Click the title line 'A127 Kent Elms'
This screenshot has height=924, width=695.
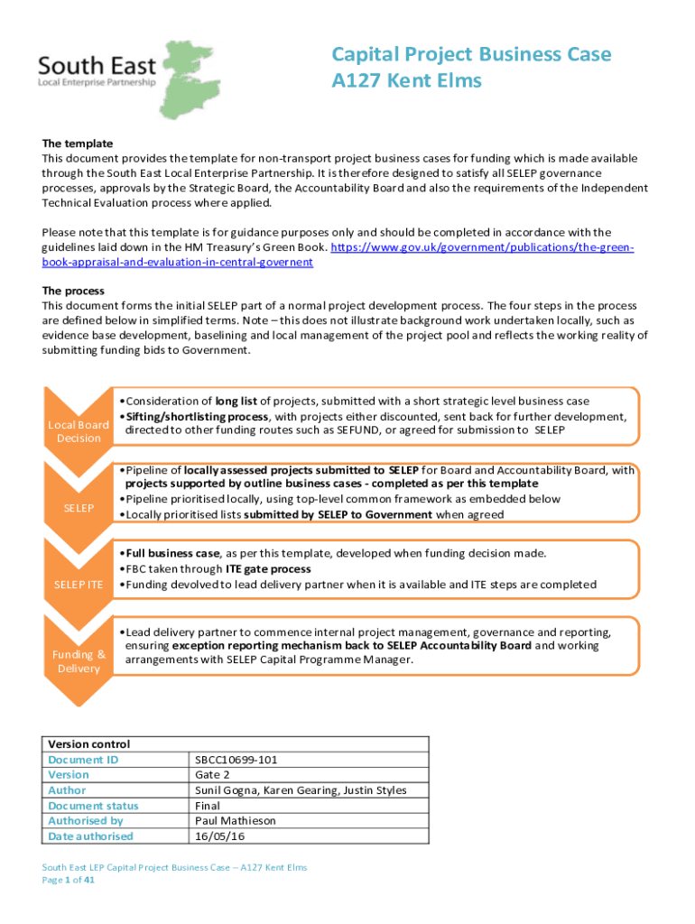pos(406,81)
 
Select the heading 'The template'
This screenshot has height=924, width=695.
pos(78,143)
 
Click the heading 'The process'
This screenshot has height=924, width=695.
pos(74,291)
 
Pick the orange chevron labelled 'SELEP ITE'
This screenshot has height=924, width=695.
pos(79,586)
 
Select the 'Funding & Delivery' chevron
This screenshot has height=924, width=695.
pos(79,661)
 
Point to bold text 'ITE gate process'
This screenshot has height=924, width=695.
pos(268,568)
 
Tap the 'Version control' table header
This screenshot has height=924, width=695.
pos(88,744)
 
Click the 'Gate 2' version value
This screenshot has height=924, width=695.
pos(213,775)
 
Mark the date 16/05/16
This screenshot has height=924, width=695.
pos(219,836)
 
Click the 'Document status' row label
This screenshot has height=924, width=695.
pos(93,806)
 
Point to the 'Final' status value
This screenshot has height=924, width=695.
pos(208,806)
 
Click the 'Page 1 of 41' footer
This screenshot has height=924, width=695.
pos(69,881)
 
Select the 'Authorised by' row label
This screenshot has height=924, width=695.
pos(85,821)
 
